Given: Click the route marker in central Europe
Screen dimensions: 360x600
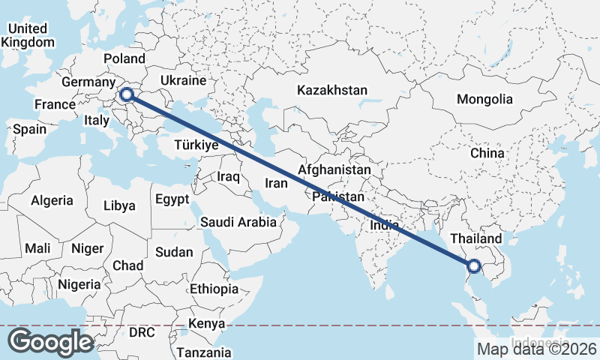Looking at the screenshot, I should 127,94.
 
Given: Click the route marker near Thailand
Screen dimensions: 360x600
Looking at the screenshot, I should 473,265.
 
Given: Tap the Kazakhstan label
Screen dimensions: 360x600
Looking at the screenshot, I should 331,90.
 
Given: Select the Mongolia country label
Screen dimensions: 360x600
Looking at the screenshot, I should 484,99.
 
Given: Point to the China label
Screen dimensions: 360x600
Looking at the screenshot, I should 487,153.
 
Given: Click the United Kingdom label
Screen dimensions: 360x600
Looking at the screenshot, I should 28,35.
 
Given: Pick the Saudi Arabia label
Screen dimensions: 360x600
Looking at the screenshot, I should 238,222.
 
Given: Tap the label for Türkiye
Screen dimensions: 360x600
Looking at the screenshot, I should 196,145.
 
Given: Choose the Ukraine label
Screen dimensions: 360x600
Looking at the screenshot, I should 183,80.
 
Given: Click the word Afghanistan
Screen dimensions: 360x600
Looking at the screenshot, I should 334,170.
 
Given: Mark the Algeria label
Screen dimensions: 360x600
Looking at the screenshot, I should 52,200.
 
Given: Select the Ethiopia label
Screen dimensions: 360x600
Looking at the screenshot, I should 214,289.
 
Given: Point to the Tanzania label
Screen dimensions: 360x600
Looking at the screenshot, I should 203,352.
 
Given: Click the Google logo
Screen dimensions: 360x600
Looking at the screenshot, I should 50,341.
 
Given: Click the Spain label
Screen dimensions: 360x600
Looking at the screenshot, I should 29,129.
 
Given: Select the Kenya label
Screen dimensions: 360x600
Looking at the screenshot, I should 207,324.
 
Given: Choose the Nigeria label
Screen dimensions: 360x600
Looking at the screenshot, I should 79,284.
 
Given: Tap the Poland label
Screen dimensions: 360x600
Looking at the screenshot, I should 124,58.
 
